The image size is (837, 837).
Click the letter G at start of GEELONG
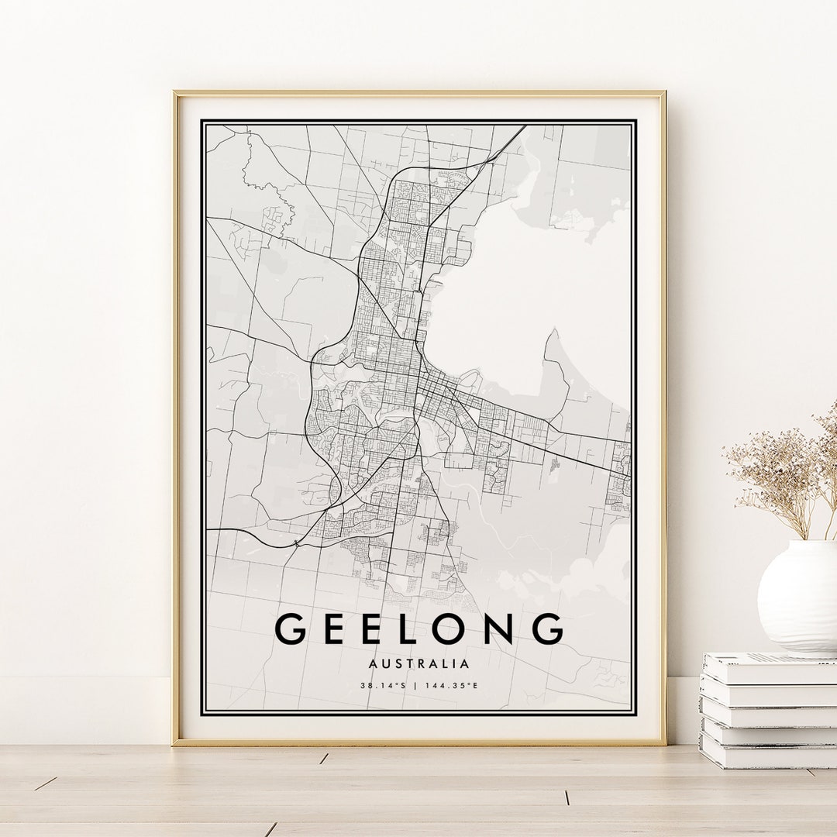pos(291,629)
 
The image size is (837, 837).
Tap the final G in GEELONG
pos(547,629)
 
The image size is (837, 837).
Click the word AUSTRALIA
pos(419,664)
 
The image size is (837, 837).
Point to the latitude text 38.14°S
pos(383,685)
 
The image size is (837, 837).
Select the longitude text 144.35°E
pos(453,685)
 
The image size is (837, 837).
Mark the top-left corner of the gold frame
pos(174,93)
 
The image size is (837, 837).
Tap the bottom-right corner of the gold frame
pos(664,743)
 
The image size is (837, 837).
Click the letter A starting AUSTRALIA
pos(374,664)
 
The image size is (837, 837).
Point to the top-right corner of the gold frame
pos(664,93)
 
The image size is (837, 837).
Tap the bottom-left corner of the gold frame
pos(174,743)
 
